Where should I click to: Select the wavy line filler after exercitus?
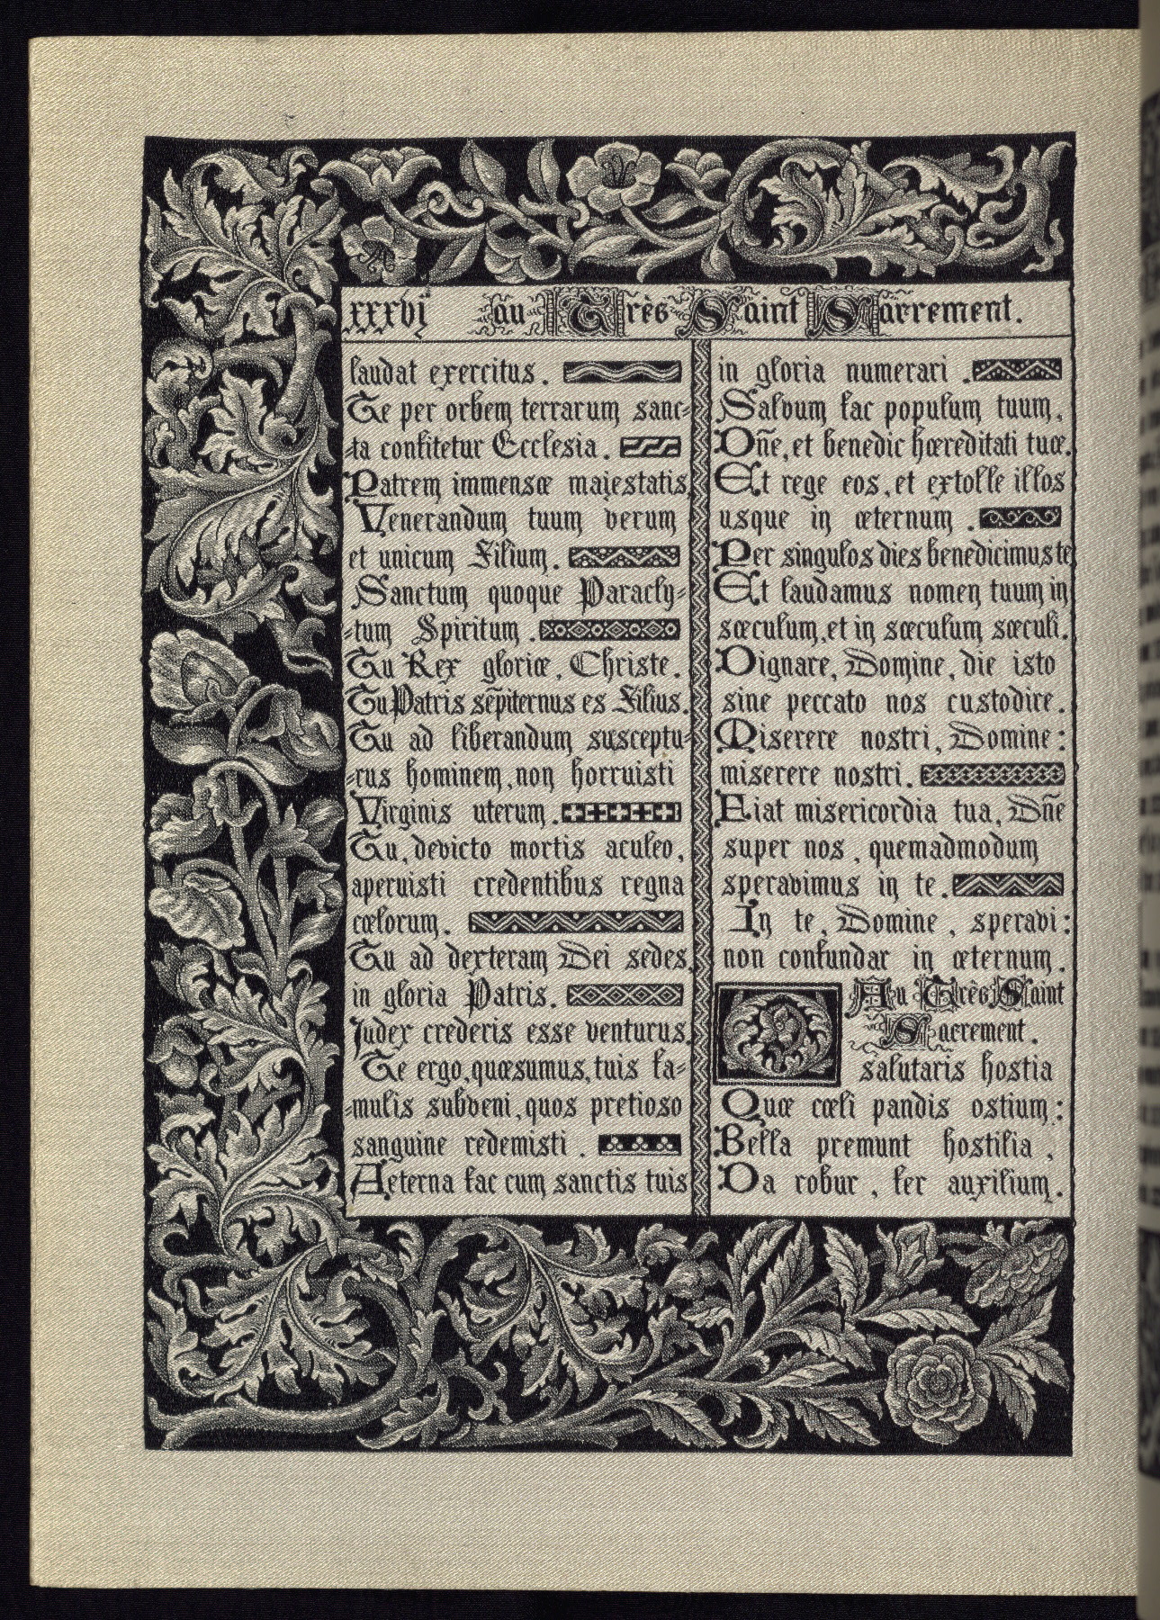[622, 369]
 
